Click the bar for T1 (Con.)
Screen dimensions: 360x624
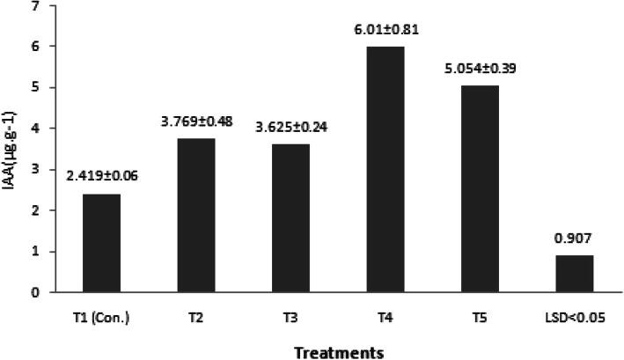(102, 243)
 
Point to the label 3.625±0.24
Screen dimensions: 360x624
(296, 129)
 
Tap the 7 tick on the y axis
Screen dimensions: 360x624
(35, 6)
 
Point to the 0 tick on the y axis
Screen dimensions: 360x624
(35, 292)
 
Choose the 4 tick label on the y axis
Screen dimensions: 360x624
(35, 129)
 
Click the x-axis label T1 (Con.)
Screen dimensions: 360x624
(102, 317)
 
